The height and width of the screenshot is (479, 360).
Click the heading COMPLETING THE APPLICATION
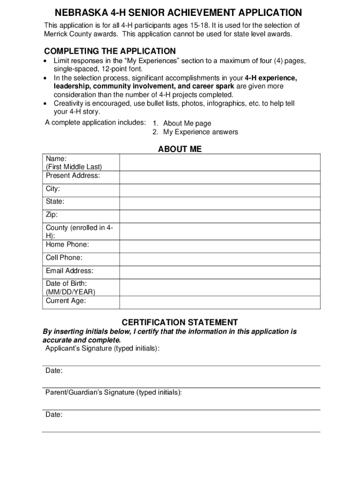coord(110,51)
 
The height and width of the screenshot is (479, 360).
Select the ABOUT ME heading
coord(180,149)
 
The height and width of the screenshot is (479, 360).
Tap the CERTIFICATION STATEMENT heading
coord(180,322)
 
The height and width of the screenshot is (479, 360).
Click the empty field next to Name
coord(220,162)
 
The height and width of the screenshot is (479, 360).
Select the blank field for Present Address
coord(220,177)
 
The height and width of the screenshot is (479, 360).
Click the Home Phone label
coord(67,245)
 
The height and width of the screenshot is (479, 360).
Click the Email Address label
coord(70,271)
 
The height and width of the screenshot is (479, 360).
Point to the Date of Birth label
coord(66,283)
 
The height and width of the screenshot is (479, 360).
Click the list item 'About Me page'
coord(187,123)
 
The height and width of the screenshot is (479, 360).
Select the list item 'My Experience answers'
coord(201,132)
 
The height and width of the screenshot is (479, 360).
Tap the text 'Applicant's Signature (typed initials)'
coord(102,348)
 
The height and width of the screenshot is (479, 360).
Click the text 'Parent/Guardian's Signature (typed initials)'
coord(114,392)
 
